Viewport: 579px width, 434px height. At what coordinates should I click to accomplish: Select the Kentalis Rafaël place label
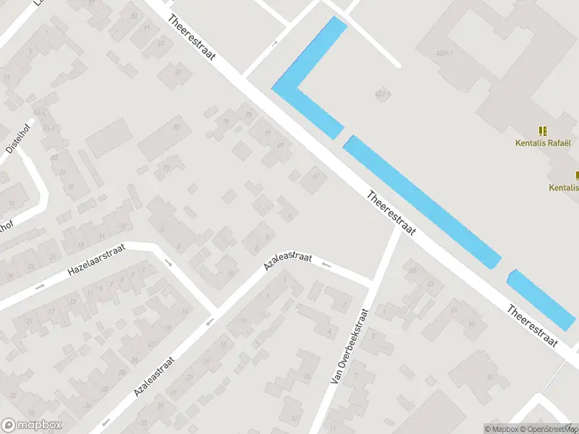pyautogui.click(x=543, y=142)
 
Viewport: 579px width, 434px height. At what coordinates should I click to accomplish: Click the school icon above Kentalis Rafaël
pyautogui.click(x=543, y=131)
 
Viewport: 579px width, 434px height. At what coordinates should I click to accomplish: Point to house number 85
pyautogui.click(x=176, y=128)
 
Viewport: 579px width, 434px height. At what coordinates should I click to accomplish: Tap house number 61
pyautogui.click(x=454, y=311)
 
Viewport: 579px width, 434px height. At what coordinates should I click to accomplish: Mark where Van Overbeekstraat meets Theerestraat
pyautogui.click(x=397, y=226)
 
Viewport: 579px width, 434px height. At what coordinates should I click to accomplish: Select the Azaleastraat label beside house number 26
pyautogui.click(x=155, y=375)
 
